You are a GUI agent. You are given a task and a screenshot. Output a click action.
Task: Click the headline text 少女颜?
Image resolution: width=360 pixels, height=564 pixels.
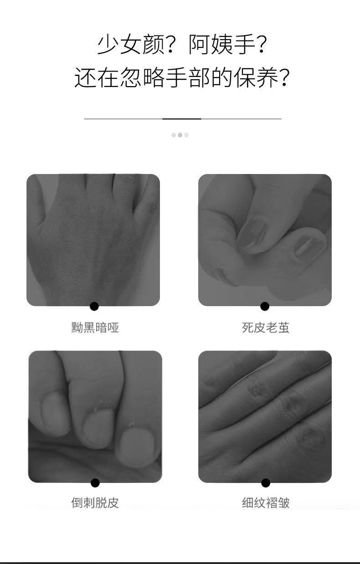(135, 45)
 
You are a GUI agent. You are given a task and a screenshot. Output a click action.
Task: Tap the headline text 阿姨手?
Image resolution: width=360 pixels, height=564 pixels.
(227, 45)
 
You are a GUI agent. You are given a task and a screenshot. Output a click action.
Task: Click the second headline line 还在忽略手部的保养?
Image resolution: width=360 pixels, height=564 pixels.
(181, 77)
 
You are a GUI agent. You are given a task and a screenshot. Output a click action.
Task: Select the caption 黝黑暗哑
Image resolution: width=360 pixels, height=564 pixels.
(95, 328)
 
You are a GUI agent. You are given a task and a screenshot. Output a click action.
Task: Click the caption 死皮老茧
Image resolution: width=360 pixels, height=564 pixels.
(266, 328)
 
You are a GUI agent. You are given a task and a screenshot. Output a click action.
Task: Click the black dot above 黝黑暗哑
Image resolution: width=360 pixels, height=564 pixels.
(94, 306)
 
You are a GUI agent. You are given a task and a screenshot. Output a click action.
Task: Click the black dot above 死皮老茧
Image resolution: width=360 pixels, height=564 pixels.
(265, 306)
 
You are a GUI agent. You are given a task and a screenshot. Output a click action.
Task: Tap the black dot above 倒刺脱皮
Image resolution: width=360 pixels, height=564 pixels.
(95, 483)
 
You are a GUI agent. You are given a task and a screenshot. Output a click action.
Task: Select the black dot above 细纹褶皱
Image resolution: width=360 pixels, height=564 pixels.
(266, 483)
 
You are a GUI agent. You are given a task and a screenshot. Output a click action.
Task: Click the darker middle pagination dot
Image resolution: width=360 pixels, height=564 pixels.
(180, 135)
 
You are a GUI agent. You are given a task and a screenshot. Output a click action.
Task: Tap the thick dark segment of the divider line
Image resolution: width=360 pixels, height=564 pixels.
(182, 118)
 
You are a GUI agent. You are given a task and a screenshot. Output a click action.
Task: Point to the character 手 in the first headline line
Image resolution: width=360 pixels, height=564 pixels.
(244, 45)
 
